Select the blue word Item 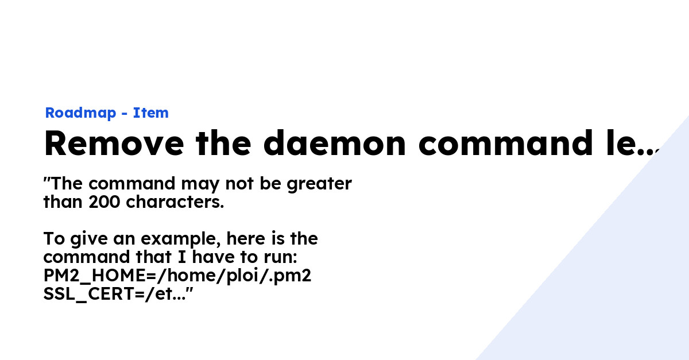point(151,113)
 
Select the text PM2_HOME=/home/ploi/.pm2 point(177,276)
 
